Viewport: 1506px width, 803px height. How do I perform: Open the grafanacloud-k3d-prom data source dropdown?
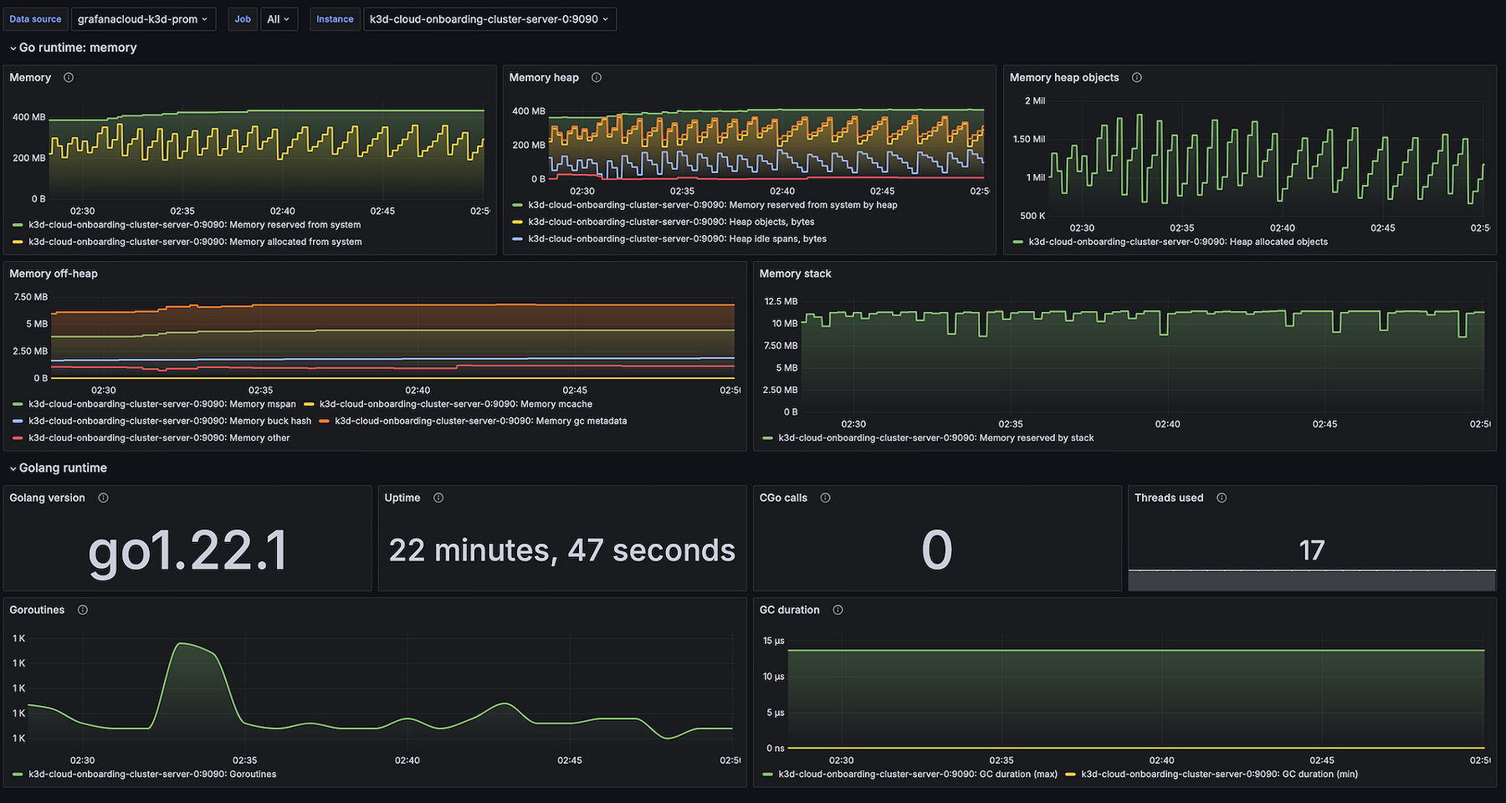tap(143, 19)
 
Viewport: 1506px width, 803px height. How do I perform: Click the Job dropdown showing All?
tap(279, 19)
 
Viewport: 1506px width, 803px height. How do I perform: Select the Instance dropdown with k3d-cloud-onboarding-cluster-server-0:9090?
tap(489, 19)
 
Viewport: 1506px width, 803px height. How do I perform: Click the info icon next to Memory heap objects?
tap(1137, 78)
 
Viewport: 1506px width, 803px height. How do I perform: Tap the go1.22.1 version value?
tap(187, 550)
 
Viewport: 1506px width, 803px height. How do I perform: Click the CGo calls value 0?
tap(936, 550)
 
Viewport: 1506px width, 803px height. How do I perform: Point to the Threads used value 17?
tap(1311, 550)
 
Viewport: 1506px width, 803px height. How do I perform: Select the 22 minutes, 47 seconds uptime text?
tap(561, 550)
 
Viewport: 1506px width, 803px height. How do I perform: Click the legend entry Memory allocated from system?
tap(195, 242)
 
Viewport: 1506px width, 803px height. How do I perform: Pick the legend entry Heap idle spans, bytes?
tap(677, 238)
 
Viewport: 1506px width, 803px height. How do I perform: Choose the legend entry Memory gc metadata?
tap(480, 421)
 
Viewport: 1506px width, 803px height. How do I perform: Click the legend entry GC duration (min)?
tap(1219, 774)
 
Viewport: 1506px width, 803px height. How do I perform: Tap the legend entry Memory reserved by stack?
tap(935, 437)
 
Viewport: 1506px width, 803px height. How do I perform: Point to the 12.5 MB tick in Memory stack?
tap(781, 301)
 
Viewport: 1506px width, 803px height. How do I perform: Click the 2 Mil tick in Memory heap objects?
tap(1034, 100)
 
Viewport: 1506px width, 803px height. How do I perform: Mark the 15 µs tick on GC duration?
tap(773, 641)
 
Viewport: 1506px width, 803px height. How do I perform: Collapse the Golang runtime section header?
tap(63, 468)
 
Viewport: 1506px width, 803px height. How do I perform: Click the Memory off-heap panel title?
tap(54, 274)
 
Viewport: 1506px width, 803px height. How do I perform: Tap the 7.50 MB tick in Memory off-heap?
tap(31, 297)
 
